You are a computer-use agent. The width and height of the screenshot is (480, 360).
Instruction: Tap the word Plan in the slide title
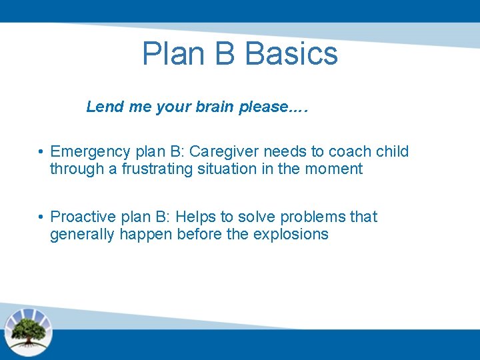tap(171, 54)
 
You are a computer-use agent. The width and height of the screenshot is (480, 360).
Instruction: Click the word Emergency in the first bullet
tap(90, 152)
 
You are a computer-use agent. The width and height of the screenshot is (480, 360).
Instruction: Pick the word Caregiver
tap(223, 151)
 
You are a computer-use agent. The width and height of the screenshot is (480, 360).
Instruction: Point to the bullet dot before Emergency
tap(41, 152)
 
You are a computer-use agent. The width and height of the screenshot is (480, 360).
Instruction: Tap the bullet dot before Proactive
tap(41, 217)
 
